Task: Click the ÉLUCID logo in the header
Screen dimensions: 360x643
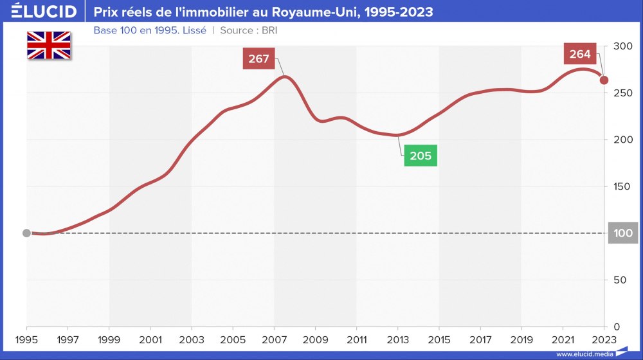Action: [44, 12]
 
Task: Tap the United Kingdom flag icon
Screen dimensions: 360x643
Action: [49, 45]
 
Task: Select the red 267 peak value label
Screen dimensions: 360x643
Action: [259, 59]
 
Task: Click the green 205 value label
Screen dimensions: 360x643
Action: [421, 156]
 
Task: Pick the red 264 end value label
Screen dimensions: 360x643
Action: [579, 54]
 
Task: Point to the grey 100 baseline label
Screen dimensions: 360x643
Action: [623, 233]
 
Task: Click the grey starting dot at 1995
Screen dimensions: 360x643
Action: [26, 233]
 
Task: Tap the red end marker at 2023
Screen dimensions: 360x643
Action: [604, 80]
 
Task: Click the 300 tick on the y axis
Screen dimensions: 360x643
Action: [623, 46]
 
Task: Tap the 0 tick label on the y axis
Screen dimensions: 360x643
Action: [616, 327]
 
